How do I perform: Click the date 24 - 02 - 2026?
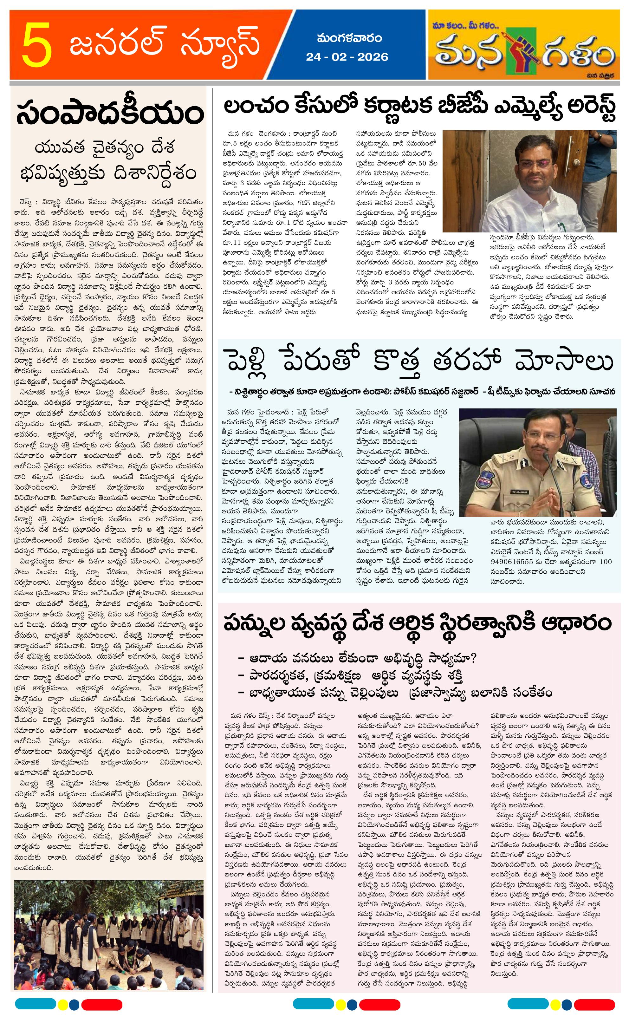point(347,57)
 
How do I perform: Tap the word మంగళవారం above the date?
point(349,38)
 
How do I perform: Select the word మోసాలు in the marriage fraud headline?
point(564,360)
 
